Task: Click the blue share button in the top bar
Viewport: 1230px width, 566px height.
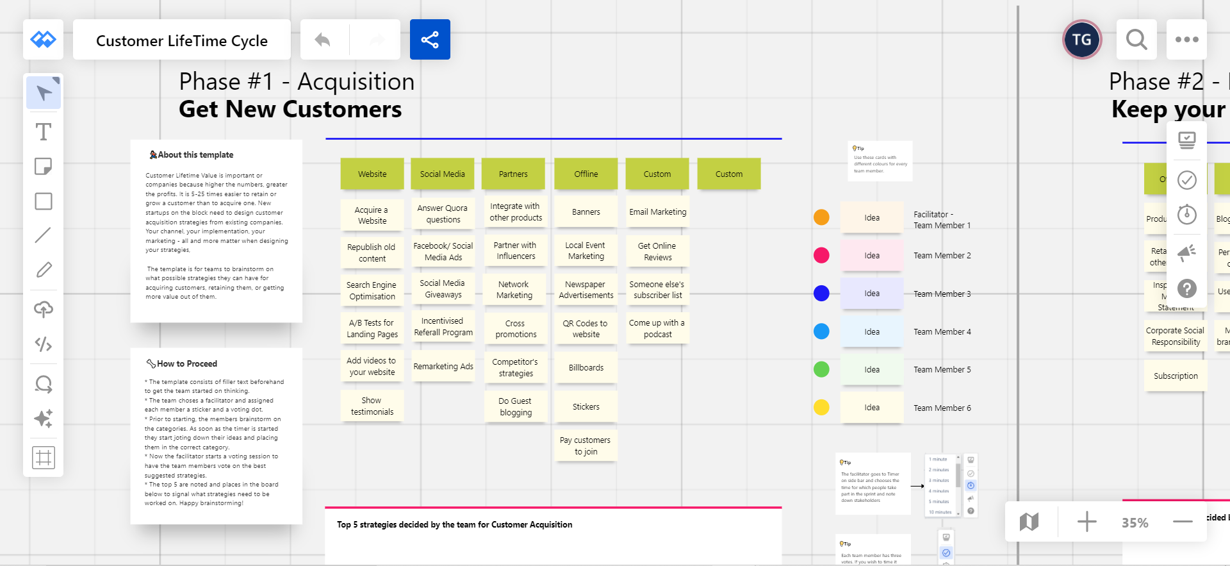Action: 430,40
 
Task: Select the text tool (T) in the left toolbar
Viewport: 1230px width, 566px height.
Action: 43,132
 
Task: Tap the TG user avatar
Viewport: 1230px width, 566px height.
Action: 1082,40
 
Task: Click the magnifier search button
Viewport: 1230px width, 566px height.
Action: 1136,40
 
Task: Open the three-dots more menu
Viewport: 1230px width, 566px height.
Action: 1186,40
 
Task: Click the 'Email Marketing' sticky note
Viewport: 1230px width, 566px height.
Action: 657,212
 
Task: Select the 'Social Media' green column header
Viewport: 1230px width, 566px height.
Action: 442,174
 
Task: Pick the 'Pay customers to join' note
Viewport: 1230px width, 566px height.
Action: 586,445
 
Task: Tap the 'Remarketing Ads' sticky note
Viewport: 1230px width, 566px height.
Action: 443,367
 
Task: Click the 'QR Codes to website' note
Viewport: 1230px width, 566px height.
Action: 586,329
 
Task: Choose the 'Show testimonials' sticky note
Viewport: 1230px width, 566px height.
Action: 372,406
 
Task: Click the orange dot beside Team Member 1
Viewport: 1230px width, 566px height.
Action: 821,217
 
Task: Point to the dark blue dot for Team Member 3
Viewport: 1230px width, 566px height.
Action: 821,294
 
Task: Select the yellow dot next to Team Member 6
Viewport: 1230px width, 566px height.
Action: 821,408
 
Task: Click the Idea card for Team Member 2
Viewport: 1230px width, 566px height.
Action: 871,256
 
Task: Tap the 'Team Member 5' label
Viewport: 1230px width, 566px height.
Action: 942,370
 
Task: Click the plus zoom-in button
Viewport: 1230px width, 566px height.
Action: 1086,522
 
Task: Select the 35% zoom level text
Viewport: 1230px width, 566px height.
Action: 1135,523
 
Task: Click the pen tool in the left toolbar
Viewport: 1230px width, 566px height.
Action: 43,270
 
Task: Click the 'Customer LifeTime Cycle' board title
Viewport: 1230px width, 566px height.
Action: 182,40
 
